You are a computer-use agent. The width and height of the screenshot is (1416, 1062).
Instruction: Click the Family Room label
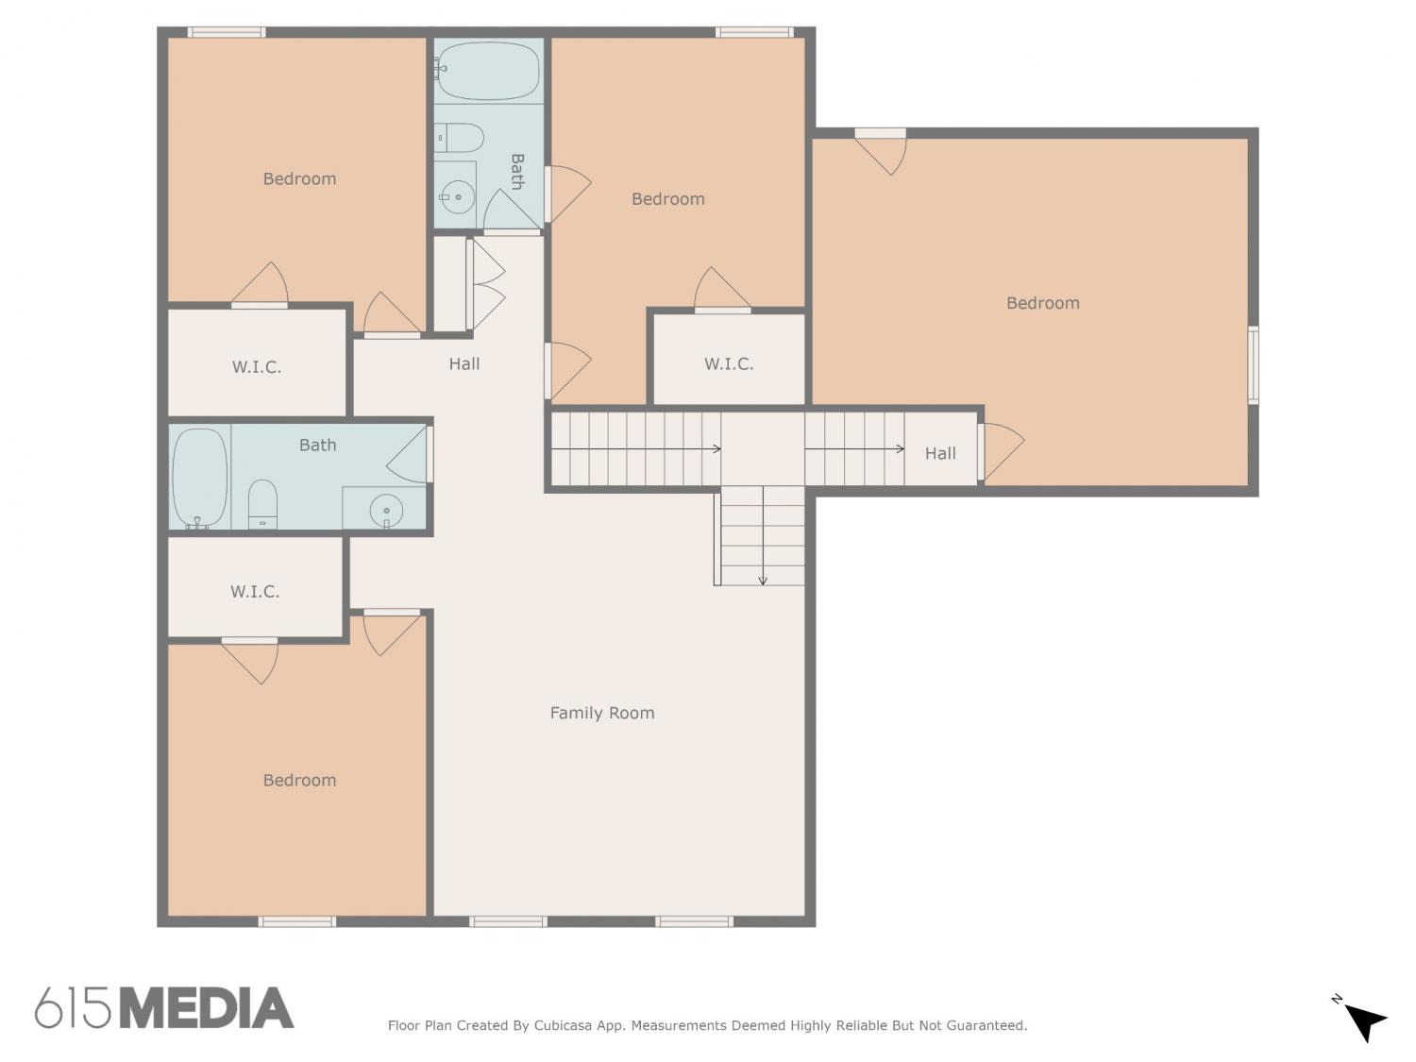pos(602,713)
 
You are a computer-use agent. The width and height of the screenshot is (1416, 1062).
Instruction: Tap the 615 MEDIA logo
pos(164,1006)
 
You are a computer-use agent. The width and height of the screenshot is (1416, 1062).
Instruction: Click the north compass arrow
pos(1364,1022)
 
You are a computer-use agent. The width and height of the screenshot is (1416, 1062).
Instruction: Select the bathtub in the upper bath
pos(488,70)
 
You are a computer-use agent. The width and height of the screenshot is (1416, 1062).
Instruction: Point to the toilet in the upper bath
pos(459,137)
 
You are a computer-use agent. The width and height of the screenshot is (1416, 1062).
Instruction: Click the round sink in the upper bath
pos(457,196)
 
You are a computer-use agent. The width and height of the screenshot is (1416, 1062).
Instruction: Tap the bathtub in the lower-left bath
pos(199,478)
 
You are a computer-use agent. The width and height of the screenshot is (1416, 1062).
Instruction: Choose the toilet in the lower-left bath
pos(262,503)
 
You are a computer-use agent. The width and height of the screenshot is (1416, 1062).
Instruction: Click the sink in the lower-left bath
pos(386,512)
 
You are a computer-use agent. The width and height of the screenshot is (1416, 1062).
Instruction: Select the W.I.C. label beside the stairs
pos(729,364)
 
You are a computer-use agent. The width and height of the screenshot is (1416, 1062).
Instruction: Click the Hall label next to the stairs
pos(940,453)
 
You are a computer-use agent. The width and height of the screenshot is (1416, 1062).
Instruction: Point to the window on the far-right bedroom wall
pos(1253,365)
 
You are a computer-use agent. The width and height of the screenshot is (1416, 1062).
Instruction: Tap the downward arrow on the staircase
pos(763,536)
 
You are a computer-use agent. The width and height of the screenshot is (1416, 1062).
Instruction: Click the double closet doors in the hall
pos(485,284)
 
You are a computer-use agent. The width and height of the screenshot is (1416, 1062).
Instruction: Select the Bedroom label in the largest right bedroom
pos(1042,303)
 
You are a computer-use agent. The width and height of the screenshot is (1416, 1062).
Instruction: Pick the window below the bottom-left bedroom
pos(296,921)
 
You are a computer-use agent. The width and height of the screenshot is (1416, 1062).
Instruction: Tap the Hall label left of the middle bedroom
pos(464,363)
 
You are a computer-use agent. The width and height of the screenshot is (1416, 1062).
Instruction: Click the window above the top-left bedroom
pos(227,32)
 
